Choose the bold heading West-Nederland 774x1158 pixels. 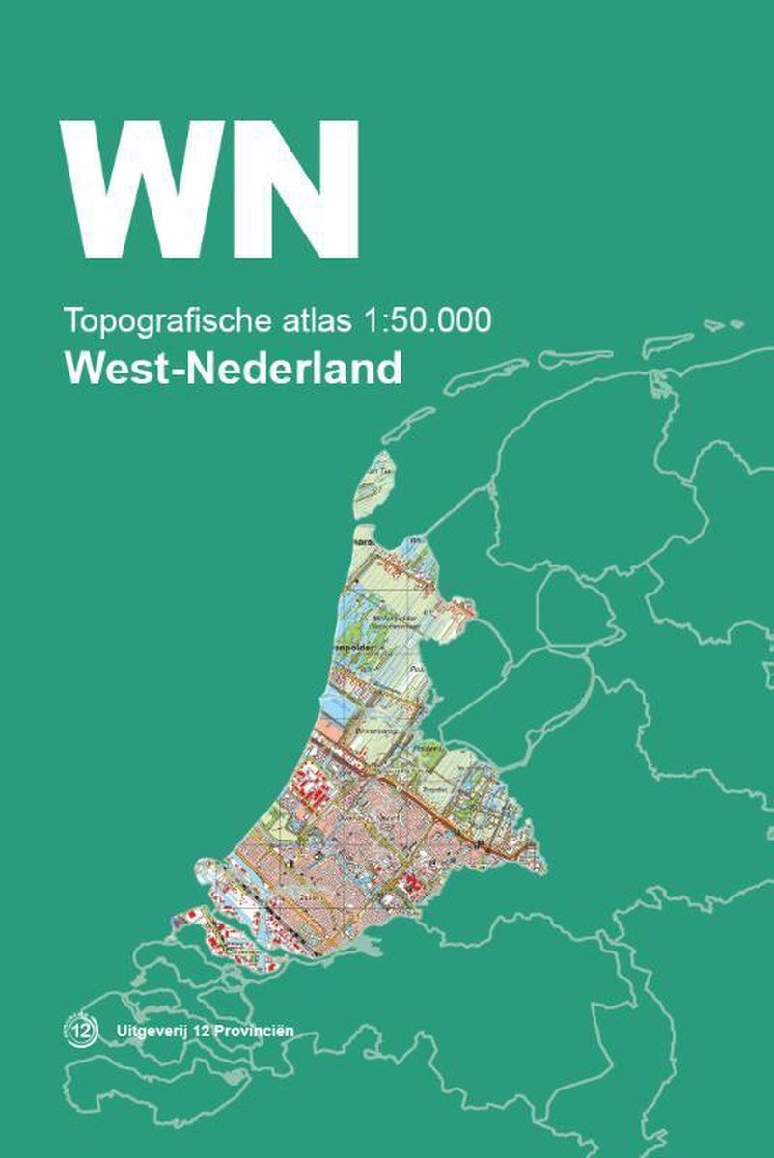(x=233, y=368)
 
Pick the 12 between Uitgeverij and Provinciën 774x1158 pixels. (x=203, y=1031)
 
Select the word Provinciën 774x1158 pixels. (x=256, y=1031)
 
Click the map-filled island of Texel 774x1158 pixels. (x=375, y=485)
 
